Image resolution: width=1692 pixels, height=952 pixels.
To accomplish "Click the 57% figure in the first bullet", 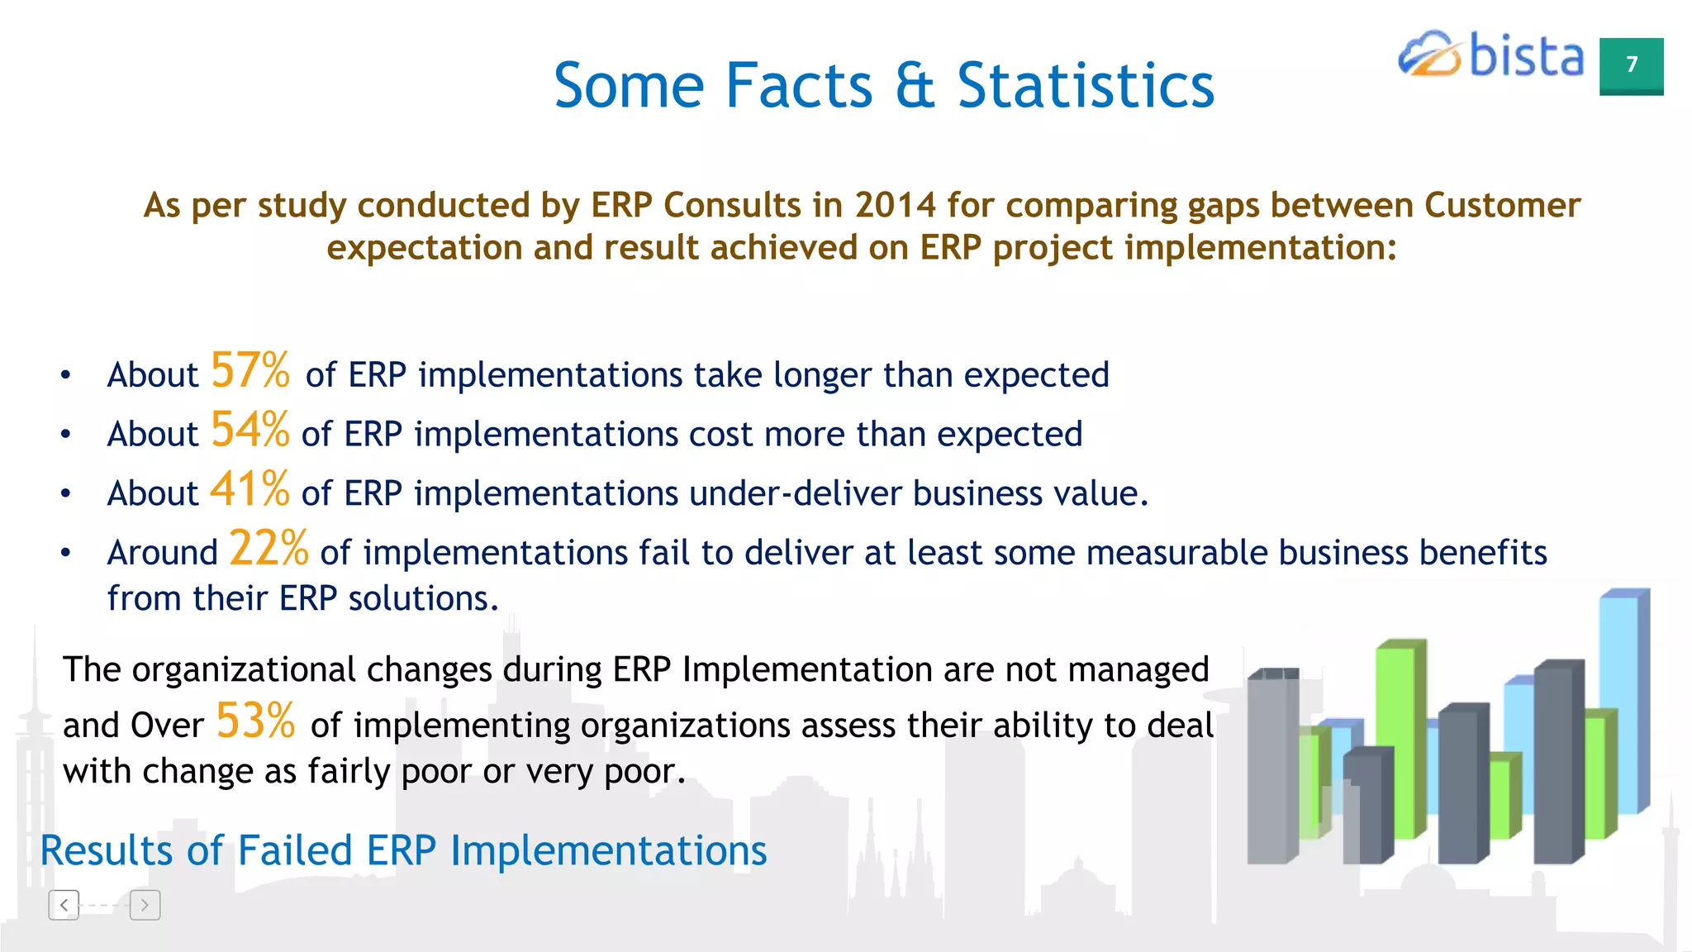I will pos(250,370).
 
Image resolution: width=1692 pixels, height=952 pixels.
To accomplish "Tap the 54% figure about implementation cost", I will pos(250,430).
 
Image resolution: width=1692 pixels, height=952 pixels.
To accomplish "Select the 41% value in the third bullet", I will pos(250,489).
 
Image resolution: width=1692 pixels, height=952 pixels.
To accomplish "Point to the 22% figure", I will pos(269,549).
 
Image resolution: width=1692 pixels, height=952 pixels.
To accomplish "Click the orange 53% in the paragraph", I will pos(255,721).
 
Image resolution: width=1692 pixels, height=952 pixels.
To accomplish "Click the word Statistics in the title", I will pos(1085,86).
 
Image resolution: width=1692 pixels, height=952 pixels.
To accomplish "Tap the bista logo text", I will pos(1526,56).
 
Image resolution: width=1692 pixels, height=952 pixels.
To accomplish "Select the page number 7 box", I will pos(1631,65).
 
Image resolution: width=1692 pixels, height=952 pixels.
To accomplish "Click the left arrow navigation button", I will pos(64,905).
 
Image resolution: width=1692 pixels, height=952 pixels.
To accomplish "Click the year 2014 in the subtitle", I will pos(896,205).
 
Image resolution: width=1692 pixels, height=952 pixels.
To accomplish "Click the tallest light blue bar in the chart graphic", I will pos(1619,702).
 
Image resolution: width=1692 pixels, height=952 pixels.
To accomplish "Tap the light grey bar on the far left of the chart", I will pos(1268,769).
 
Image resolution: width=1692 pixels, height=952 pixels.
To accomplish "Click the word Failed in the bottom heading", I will pos(295,850).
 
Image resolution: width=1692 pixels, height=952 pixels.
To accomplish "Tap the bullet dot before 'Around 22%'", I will pos(66,553).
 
